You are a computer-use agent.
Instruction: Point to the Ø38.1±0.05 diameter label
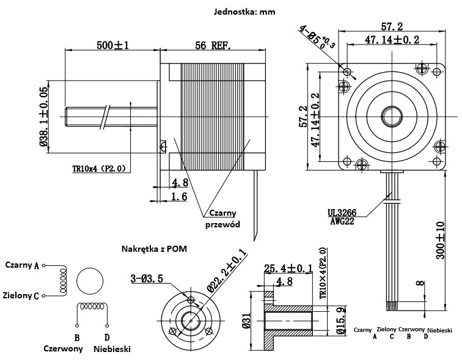click(44, 116)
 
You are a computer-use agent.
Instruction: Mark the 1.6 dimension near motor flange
click(179, 196)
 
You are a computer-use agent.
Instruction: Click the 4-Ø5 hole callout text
click(316, 39)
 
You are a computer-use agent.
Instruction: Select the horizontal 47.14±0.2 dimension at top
click(392, 40)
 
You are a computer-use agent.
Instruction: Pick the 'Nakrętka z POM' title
click(154, 249)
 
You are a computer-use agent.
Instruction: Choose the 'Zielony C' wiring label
click(21, 295)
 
